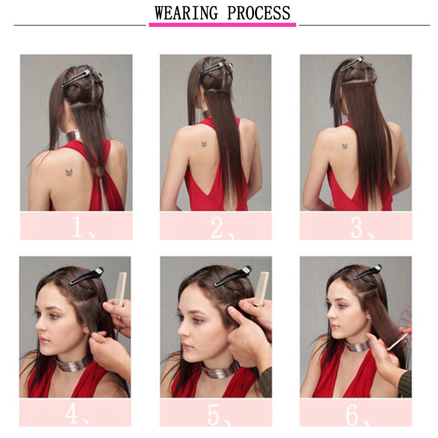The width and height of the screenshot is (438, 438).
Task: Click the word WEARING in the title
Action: click(186, 13)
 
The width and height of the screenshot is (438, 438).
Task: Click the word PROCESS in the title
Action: click(259, 13)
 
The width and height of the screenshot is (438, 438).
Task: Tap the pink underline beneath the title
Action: click(222, 25)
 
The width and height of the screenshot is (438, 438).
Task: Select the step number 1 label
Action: click(83, 227)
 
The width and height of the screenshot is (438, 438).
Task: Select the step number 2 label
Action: click(222, 228)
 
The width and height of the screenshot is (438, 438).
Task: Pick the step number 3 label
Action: click(362, 228)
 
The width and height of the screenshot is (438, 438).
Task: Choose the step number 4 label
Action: click(77, 415)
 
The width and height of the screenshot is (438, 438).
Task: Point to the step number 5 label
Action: click(219, 415)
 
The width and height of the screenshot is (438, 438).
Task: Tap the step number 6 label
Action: click(358, 415)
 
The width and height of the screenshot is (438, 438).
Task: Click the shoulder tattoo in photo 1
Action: click(69, 172)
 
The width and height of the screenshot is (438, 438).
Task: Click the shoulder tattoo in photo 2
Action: click(204, 144)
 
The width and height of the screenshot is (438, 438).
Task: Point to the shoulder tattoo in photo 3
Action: click(345, 146)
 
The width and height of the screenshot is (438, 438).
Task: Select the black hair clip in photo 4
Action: click(87, 276)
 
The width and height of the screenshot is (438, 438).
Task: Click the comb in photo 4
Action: click(120, 289)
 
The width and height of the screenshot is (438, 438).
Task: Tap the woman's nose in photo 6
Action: click(331, 315)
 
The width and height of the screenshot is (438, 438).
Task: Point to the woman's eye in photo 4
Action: click(54, 316)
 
